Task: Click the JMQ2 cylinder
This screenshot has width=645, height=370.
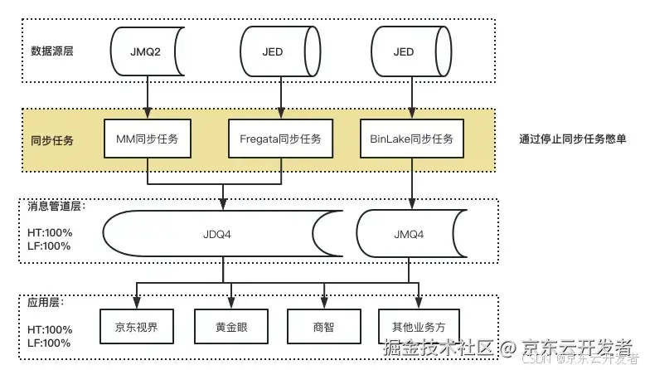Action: click(148, 51)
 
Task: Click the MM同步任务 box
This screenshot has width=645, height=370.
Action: click(148, 139)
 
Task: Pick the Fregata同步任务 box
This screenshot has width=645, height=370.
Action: click(279, 139)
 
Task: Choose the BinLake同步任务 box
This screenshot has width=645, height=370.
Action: click(412, 139)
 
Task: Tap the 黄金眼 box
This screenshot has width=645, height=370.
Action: click(231, 326)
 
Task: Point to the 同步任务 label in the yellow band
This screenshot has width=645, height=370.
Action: click(51, 140)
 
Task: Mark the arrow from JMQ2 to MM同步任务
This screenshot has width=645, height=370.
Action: click(148, 96)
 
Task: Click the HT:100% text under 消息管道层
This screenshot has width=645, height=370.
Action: click(47, 233)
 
